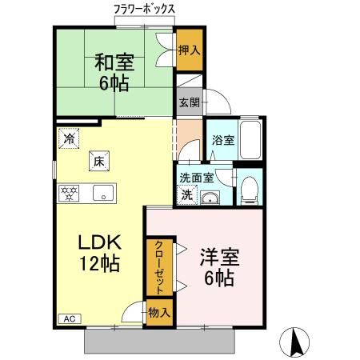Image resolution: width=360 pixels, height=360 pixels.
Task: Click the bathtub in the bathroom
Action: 252,141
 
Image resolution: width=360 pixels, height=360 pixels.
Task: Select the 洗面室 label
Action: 195,178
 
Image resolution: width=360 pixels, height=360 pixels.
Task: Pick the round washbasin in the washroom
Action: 211,199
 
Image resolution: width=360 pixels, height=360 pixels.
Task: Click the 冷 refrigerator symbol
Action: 69,138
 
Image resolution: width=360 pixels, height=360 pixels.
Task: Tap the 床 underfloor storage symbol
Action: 100,160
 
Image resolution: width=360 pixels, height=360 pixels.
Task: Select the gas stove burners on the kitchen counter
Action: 70,193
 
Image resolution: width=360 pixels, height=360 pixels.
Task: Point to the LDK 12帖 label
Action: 99,253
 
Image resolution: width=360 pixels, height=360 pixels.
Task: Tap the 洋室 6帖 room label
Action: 218,267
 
